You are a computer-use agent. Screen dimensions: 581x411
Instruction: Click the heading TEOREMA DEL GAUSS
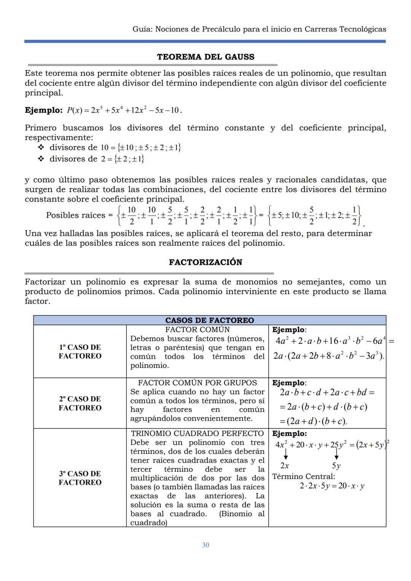tap(205, 57)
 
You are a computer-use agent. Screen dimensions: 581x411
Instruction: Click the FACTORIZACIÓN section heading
tap(205, 262)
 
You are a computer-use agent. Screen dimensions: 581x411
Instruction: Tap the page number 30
tap(205, 545)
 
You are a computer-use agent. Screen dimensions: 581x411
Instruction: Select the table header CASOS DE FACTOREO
tap(209, 320)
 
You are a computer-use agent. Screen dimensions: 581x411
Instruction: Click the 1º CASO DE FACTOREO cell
tap(80, 352)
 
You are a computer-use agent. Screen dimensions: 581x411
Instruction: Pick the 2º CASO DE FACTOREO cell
tap(80, 403)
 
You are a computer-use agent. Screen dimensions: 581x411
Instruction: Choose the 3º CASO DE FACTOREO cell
tap(80, 478)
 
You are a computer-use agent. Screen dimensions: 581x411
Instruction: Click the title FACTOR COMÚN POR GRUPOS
tap(197, 383)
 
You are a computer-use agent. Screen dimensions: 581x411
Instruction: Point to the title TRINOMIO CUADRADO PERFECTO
tap(197, 433)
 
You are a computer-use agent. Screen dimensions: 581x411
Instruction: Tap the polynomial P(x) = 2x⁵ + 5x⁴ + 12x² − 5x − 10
tap(124, 110)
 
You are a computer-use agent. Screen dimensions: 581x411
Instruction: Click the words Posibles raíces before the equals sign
tap(75, 215)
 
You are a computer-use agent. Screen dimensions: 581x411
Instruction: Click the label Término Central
tap(303, 476)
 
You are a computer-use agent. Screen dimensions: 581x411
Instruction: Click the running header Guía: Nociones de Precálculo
tap(259, 29)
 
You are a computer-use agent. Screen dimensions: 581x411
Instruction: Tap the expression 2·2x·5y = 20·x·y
tap(332, 486)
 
